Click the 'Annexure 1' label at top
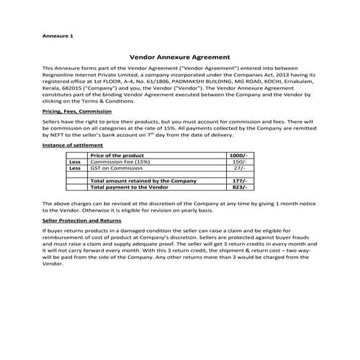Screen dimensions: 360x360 [x=59, y=36]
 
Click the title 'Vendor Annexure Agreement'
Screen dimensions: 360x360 [x=180, y=55]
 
